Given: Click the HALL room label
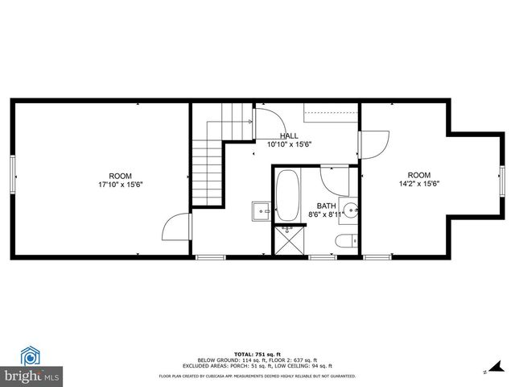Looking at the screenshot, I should click(289, 135).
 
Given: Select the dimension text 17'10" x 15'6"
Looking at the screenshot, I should click(121, 185).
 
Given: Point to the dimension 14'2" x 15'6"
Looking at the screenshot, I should click(418, 184).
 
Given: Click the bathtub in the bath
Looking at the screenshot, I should click(287, 196).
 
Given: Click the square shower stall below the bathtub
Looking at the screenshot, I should click(286, 239).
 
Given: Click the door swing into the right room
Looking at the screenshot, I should click(374, 144).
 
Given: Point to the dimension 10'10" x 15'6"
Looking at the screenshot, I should click(289, 144).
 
